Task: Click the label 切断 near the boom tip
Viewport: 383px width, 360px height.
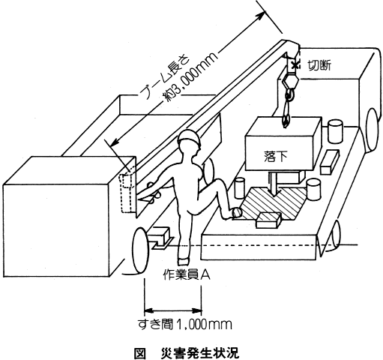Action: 319,65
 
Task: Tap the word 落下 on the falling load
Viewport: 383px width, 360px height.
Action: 276,156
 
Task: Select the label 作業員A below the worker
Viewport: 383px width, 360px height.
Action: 187,275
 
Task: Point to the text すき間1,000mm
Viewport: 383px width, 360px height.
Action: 185,324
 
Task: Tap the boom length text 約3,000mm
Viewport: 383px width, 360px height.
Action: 190,76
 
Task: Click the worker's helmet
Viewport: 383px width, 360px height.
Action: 190,138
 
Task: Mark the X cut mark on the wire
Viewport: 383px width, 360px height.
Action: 295,65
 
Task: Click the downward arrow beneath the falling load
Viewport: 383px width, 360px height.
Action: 274,184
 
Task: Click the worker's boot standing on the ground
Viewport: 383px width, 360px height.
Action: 182,260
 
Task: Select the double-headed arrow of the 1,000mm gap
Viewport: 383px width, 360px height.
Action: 173,311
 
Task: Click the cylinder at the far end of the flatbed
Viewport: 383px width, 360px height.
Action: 334,131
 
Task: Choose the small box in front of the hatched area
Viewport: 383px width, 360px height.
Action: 269,220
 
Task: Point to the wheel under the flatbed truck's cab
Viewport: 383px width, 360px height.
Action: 373,130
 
